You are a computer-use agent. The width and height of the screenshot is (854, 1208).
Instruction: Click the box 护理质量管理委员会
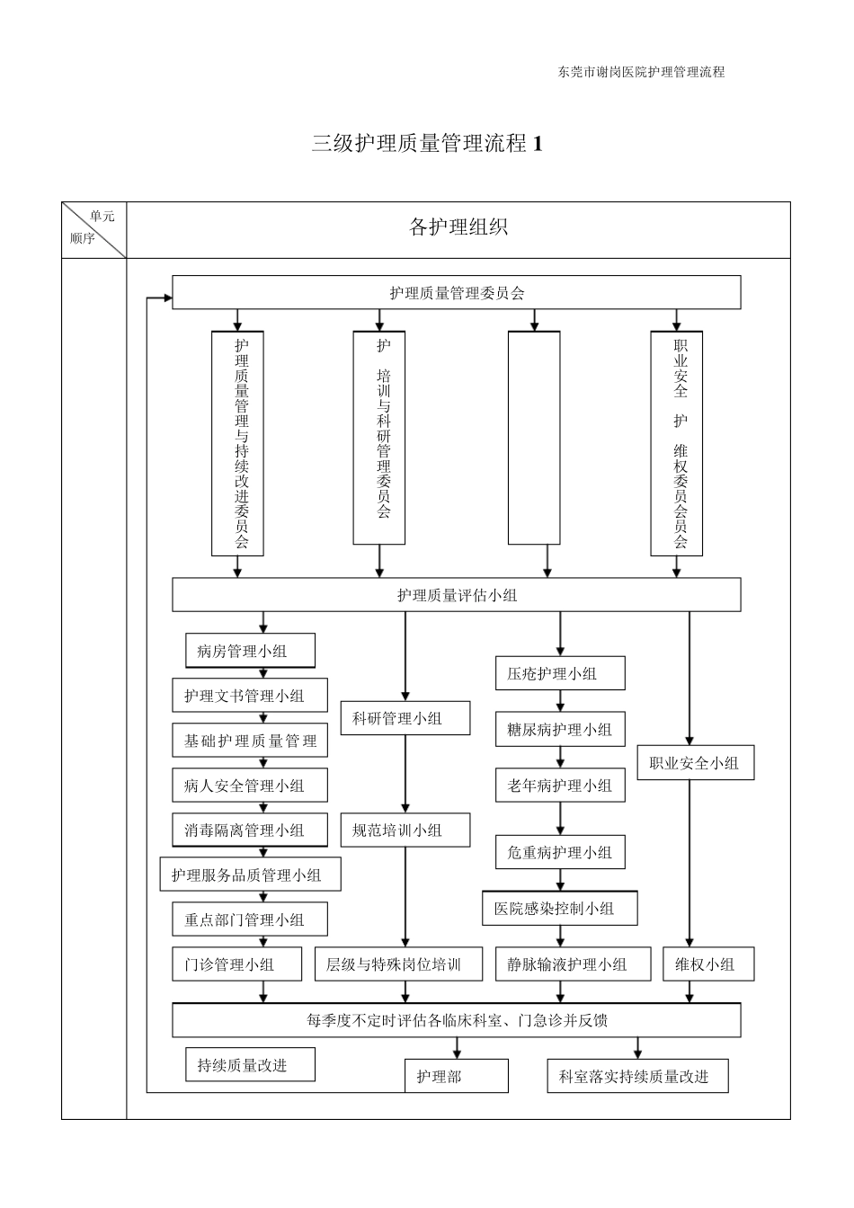pos(457,293)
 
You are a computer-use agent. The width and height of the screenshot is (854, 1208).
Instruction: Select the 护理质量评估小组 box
pos(457,595)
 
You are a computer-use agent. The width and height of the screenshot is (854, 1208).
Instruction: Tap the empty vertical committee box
pos(534,438)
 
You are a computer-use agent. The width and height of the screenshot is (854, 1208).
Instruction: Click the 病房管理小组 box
pos(251,651)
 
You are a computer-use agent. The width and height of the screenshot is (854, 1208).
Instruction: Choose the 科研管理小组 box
pos(405,718)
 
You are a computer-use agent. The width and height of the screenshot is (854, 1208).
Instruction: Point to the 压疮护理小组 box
pos(560,673)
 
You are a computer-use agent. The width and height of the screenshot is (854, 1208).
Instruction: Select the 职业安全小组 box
pos(695,763)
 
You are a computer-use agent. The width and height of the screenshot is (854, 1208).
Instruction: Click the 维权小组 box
pos(707,964)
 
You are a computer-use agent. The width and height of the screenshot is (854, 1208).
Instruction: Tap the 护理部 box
pos(456,1076)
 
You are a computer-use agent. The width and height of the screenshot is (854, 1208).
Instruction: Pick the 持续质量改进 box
pos(251,1065)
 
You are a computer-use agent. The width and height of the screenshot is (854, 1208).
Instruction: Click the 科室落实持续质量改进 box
pos(636,1076)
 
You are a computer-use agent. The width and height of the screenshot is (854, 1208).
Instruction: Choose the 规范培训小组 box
pos(405,830)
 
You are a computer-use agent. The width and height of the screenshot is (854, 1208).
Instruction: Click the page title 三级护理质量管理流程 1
pos(427,143)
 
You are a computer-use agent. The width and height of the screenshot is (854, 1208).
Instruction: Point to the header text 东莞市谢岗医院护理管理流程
pos(641,72)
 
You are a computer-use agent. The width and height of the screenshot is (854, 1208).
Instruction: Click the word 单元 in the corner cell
pos(102,217)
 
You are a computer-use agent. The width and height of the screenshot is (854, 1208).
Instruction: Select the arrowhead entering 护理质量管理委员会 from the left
pos(167,298)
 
